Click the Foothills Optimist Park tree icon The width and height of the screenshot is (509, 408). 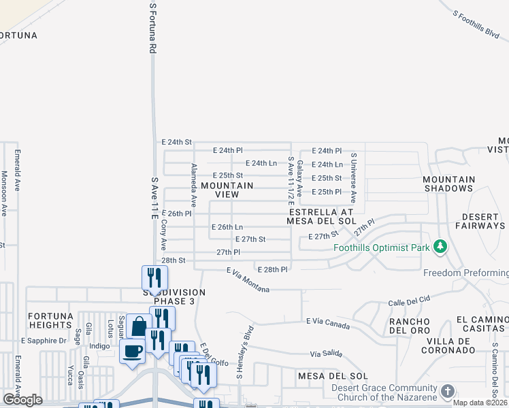click(x=440, y=247)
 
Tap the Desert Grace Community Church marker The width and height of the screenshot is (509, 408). click(x=447, y=391)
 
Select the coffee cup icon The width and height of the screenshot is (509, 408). click(x=132, y=352)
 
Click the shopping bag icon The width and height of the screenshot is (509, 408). click(x=139, y=326)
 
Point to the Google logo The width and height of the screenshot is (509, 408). click(x=22, y=400)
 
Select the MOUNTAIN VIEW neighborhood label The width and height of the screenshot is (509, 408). click(x=227, y=190)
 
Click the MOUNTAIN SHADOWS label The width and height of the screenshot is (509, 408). click(x=448, y=184)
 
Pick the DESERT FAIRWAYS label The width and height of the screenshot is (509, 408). click(x=480, y=221)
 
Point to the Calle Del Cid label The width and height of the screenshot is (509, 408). click(x=410, y=300)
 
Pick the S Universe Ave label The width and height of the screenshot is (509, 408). click(x=353, y=177)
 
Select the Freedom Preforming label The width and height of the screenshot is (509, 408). click(x=465, y=273)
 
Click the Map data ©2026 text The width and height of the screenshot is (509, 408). click(x=479, y=403)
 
